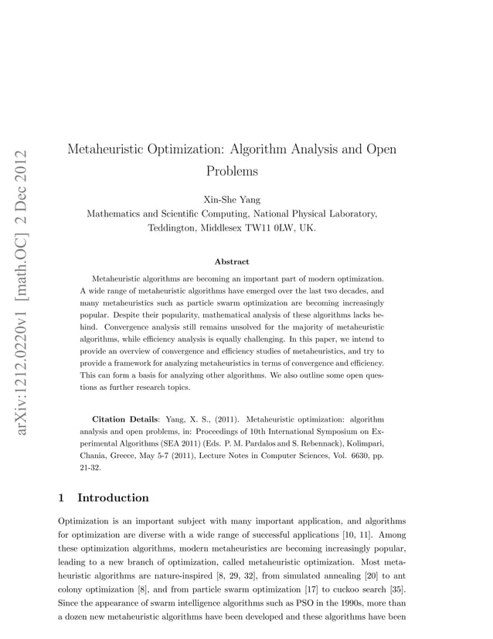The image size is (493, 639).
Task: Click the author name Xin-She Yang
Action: [x=232, y=200]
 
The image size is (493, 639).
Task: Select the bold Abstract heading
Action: [x=232, y=262]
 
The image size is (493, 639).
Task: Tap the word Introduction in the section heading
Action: [x=113, y=497]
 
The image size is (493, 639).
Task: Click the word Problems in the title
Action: [x=232, y=170]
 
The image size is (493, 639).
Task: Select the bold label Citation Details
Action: [x=127, y=419]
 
